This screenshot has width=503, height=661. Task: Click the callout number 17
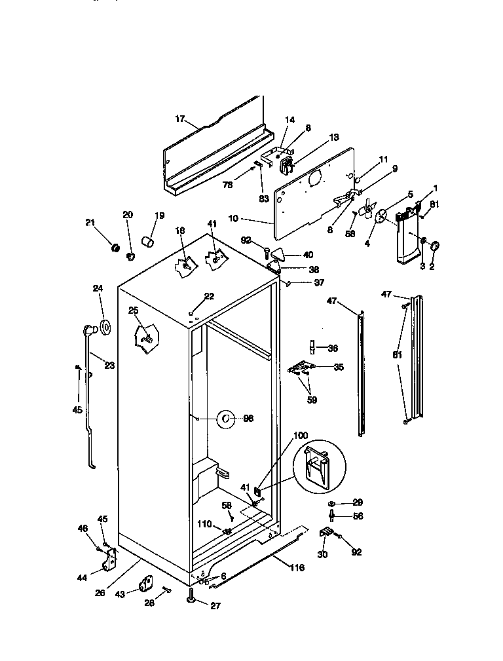pos(179,119)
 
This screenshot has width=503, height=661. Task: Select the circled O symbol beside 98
pos(225,418)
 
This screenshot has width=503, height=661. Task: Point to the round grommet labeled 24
pos(103,327)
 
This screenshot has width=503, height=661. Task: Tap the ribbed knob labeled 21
pos(114,248)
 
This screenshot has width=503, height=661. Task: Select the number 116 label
pos(297,567)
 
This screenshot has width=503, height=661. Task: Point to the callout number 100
pos(299,436)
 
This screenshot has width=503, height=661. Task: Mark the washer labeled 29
pos(332,502)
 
